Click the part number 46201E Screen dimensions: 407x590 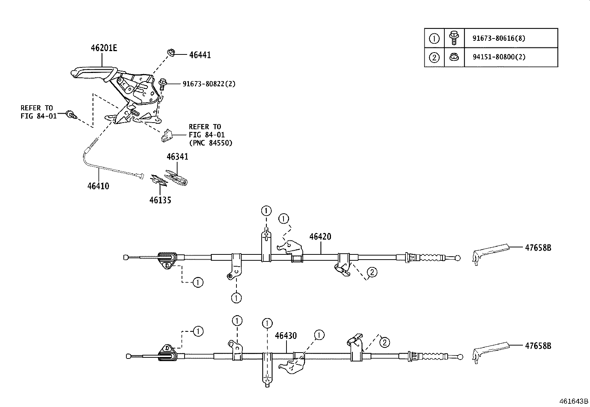tap(104, 48)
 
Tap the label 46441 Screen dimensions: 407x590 tap(200, 55)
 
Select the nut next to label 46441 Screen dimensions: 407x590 tap(171, 53)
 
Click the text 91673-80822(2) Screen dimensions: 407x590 tap(209, 84)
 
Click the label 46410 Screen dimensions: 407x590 tap(98, 186)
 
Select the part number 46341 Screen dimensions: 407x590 tap(177, 157)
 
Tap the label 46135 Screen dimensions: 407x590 tap(160, 200)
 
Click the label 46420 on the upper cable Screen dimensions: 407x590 tap(320, 237)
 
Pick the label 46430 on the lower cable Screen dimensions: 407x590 tap(286, 336)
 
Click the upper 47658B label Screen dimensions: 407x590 tap(538, 248)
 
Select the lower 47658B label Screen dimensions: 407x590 tap(538, 346)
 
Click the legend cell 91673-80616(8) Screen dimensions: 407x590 tap(498, 38)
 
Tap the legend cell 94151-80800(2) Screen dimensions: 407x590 tap(498, 57)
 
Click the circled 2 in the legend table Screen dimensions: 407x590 tap(434, 57)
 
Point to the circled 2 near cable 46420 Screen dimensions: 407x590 tap(372, 272)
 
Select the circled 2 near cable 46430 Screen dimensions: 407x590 tap(385, 343)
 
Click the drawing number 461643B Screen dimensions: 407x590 tap(574, 401)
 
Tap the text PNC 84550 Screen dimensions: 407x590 tap(211, 143)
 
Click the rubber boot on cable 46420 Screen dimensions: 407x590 tap(431, 257)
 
